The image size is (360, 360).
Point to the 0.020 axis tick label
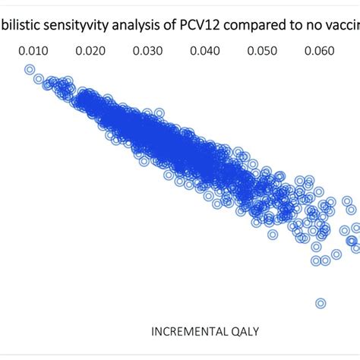pyautogui.click(x=90, y=52)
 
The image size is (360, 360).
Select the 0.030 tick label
pyautogui.click(x=147, y=52)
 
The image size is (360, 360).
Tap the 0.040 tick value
pyautogui.click(x=205, y=52)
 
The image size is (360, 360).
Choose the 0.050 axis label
pyautogui.click(x=262, y=52)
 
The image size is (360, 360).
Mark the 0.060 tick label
pyautogui.click(x=319, y=52)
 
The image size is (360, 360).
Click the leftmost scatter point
pyautogui.click(x=30, y=71)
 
